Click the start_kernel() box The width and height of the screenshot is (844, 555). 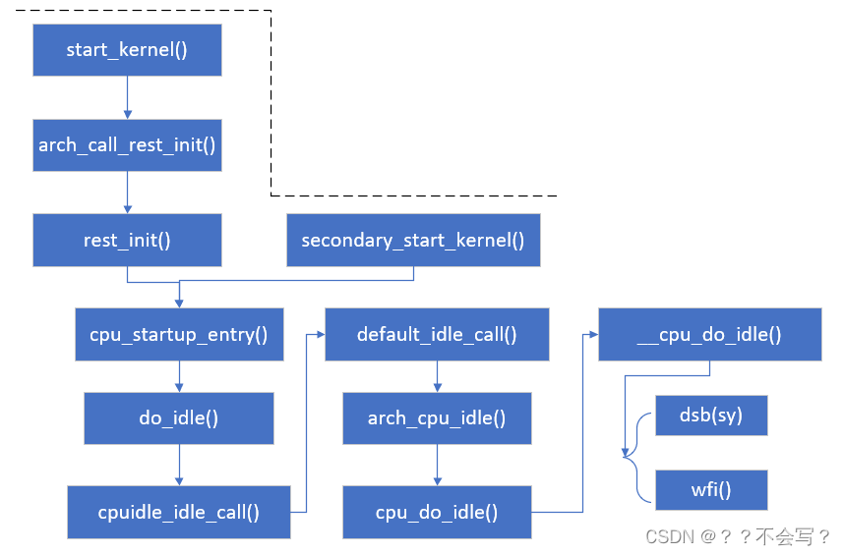click(x=127, y=50)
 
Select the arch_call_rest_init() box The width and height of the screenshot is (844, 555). click(x=127, y=145)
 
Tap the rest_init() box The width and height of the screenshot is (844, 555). click(x=127, y=241)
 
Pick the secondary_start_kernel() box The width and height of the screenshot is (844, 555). click(x=413, y=241)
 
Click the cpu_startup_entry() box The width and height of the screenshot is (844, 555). click(x=178, y=334)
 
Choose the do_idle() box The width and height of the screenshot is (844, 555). click(x=178, y=417)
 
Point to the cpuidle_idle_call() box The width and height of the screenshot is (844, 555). click(x=178, y=512)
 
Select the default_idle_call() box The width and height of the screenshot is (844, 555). click(x=437, y=334)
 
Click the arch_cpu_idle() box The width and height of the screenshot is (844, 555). click(x=437, y=418)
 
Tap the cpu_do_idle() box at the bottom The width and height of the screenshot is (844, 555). click(x=437, y=512)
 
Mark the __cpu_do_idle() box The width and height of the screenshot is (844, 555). click(x=709, y=334)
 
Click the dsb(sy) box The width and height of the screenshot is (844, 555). click(x=710, y=416)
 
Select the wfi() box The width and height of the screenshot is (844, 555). click(x=710, y=488)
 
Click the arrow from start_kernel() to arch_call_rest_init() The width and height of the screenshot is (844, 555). click(x=127, y=97)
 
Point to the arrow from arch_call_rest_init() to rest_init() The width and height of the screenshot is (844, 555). click(x=127, y=193)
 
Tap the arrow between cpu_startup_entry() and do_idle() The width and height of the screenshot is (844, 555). click(x=178, y=376)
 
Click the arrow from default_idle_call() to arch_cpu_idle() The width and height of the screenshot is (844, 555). click(x=437, y=376)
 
